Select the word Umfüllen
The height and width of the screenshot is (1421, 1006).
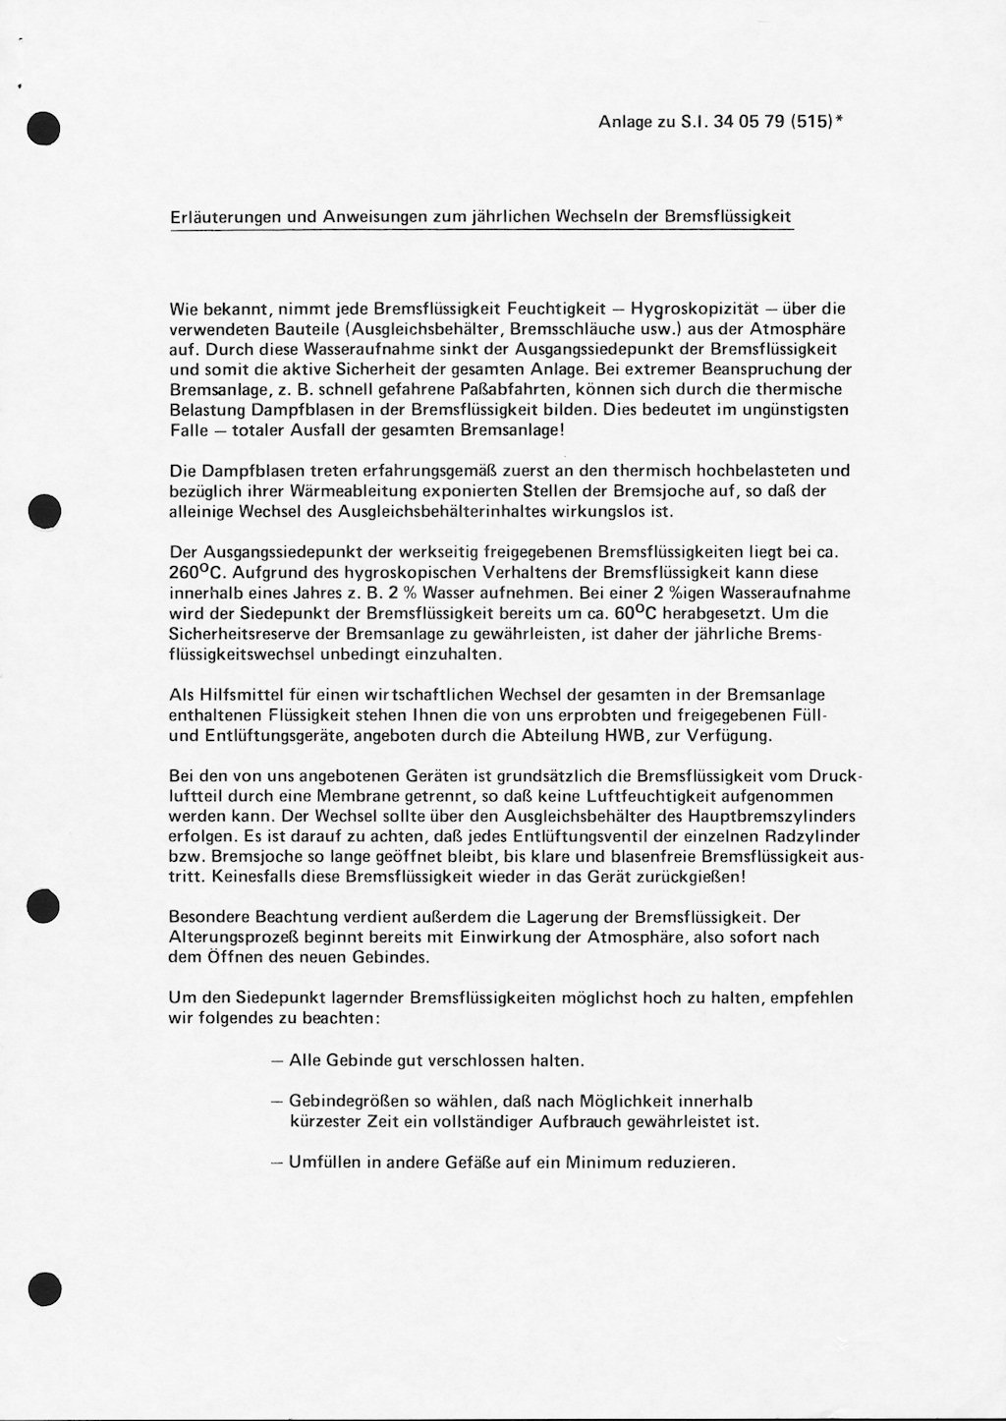click(325, 1162)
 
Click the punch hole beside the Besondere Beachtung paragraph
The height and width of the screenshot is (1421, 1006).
click(44, 906)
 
